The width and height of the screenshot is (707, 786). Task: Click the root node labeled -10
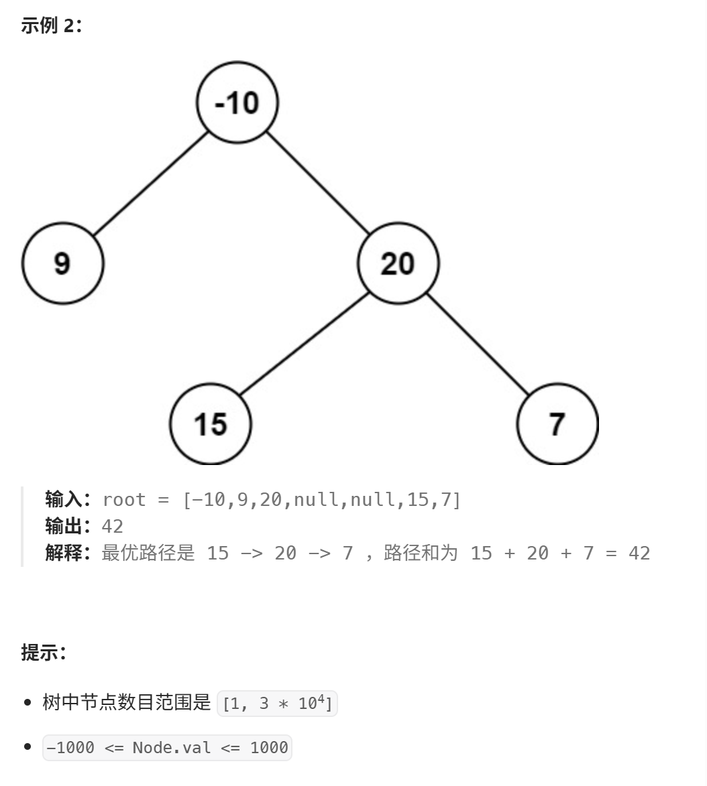pyautogui.click(x=237, y=103)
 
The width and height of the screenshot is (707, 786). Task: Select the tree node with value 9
pyautogui.click(x=62, y=263)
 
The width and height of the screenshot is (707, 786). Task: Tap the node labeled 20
pyautogui.click(x=398, y=263)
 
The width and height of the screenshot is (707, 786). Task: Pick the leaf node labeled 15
pyautogui.click(x=210, y=424)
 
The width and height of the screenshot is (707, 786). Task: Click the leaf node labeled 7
pyautogui.click(x=557, y=424)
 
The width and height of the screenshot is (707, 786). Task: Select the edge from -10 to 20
pyautogui.click(x=317, y=183)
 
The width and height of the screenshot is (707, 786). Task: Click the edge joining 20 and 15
pyautogui.click(x=304, y=344)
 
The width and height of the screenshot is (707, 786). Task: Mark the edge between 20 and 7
pyautogui.click(x=478, y=344)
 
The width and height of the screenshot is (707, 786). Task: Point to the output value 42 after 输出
pyautogui.click(x=112, y=526)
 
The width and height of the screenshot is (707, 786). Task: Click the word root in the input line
pyautogui.click(x=124, y=500)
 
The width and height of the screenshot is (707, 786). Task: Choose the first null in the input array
pyautogui.click(x=316, y=500)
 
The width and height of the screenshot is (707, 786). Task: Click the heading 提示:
pyautogui.click(x=44, y=652)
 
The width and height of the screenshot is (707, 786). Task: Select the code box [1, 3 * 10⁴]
pyautogui.click(x=277, y=703)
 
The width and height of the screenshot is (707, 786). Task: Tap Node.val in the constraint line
pyautogui.click(x=172, y=747)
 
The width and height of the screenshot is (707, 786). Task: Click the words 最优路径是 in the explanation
pyautogui.click(x=148, y=553)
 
